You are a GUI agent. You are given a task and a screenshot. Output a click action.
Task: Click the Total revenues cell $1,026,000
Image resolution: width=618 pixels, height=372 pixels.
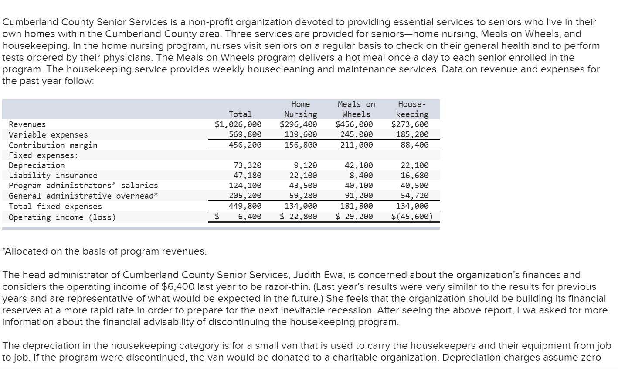[238, 124]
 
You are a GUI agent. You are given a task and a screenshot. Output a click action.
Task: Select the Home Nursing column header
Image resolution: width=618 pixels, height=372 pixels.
[300, 109]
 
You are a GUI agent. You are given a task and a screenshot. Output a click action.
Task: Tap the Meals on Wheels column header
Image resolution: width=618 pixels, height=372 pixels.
[356, 109]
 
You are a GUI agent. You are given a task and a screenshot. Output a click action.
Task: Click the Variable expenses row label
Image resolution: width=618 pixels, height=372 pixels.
[48, 135]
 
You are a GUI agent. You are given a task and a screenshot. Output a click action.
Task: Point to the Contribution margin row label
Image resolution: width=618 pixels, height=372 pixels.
[53, 145]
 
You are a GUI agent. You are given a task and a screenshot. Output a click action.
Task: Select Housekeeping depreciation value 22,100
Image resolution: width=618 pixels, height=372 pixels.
[414, 165]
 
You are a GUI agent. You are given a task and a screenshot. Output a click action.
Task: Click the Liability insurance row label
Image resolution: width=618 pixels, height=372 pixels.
[53, 176]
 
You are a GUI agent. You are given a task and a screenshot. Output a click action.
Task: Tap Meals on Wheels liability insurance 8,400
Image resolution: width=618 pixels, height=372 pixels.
[361, 176]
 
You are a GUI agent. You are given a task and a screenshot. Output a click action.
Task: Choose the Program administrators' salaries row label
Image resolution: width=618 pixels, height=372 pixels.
[83, 186]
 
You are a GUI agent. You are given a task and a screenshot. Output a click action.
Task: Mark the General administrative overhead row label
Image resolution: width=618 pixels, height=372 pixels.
[83, 196]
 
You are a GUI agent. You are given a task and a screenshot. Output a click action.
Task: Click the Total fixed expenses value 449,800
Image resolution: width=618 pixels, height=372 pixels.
[245, 206]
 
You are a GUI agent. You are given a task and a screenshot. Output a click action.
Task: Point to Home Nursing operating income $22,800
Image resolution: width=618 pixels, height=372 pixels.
[298, 217]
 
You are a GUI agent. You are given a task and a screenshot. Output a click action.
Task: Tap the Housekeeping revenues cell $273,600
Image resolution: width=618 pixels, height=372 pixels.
[410, 124]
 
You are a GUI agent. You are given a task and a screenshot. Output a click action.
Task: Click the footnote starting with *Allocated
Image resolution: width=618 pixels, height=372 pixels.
[105, 251]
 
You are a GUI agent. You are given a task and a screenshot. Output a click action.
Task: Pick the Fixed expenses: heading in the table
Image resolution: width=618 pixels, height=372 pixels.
[44, 155]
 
